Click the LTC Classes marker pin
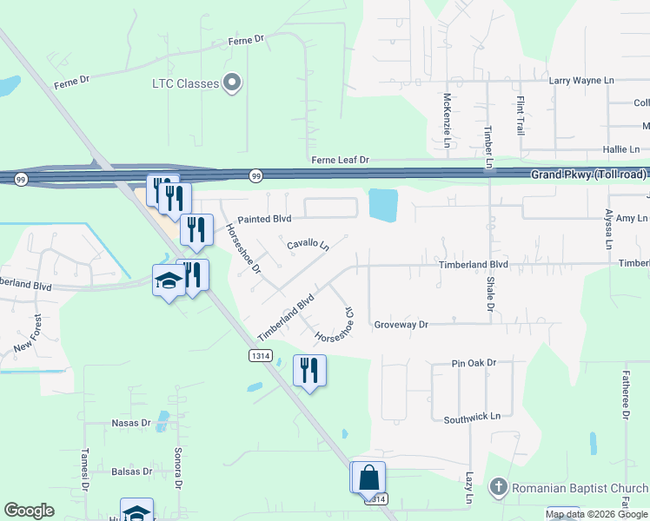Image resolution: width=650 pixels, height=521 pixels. tap(232, 84)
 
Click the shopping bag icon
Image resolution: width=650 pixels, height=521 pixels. tap(368, 478)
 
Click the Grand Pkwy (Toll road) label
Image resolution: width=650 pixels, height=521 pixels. tap(589, 175)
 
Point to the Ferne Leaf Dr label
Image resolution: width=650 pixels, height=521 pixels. tap(341, 161)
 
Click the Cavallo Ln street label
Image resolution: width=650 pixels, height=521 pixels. tap(308, 246)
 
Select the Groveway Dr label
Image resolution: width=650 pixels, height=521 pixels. tap(401, 324)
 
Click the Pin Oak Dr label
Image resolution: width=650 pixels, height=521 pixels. tap(474, 362)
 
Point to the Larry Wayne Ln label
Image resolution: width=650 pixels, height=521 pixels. tap(581, 80)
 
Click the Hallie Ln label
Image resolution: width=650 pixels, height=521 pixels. tap(597, 149)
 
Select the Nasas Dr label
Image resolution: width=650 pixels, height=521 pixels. tap(131, 424)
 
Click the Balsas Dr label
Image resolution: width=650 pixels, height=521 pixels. tap(132, 472)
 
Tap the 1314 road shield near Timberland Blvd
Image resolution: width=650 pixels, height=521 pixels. tap(259, 356)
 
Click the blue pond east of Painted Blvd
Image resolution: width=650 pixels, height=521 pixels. tap(383, 205)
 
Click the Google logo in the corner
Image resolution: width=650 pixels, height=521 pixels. tap(29, 511)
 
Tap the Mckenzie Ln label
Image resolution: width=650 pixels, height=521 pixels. tap(447, 121)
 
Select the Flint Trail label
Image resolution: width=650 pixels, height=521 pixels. tap(521, 115)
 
